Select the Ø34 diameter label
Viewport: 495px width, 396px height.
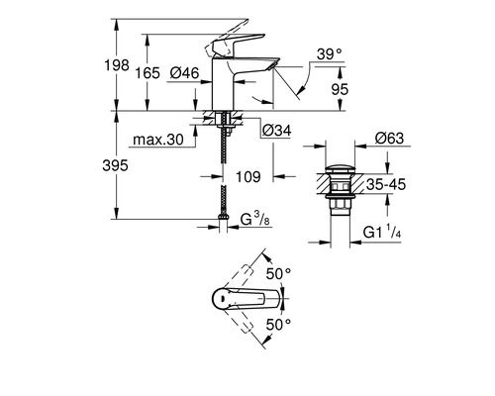tap(275, 128)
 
